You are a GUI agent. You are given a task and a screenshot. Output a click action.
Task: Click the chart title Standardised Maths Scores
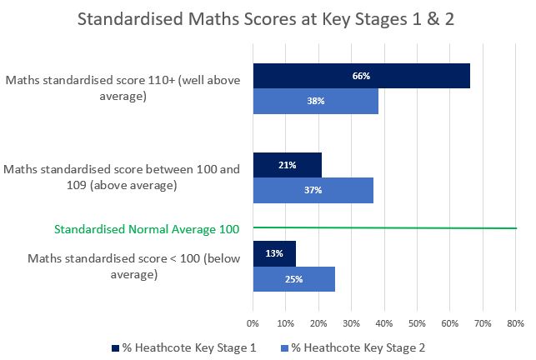[x=268, y=20]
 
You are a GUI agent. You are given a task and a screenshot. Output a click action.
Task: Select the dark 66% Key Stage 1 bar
[x=362, y=76]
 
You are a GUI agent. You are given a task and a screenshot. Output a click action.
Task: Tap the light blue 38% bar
[x=316, y=101]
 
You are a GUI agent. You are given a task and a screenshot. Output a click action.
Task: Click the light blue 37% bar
[x=313, y=190]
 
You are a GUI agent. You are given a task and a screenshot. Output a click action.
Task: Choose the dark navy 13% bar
[x=274, y=253]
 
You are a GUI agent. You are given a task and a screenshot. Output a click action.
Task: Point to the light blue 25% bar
[x=294, y=278]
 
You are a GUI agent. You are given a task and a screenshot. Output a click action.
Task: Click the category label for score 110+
[x=123, y=88]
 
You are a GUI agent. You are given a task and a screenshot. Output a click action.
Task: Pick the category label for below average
[x=123, y=266]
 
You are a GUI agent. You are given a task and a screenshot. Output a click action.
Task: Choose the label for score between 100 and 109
[x=122, y=177]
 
